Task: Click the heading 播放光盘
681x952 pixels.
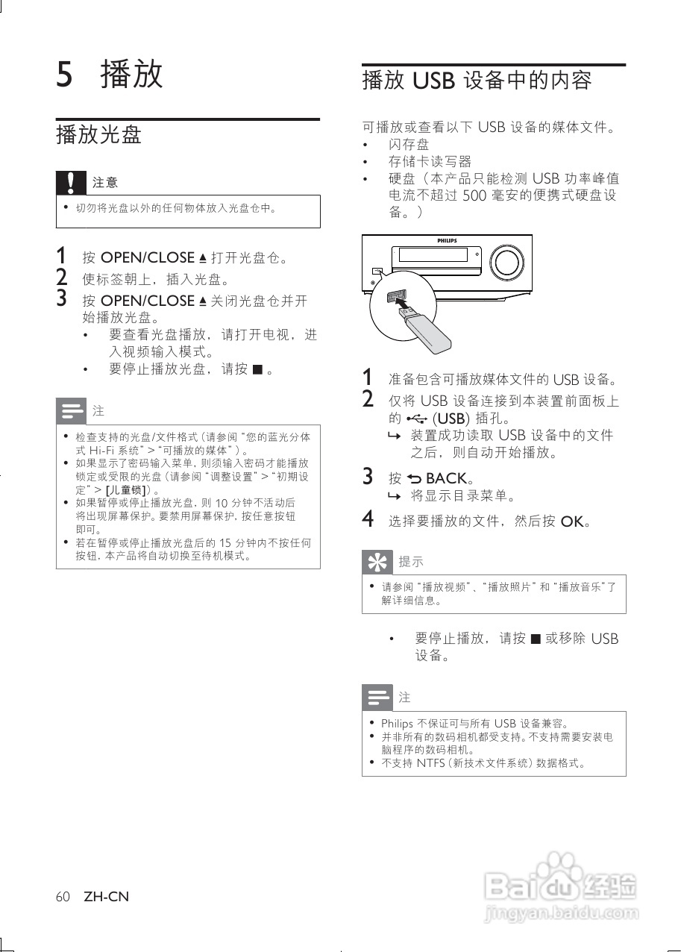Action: click(x=98, y=135)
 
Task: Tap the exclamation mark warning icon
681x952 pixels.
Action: click(x=71, y=182)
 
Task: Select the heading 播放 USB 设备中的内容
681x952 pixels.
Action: click(x=477, y=80)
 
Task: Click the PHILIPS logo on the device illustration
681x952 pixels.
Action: click(x=446, y=241)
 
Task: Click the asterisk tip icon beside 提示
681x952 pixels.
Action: click(x=377, y=561)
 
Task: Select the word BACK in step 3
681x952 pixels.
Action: click(x=446, y=478)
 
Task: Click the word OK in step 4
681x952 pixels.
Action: click(x=571, y=522)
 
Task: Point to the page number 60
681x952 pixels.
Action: click(x=63, y=896)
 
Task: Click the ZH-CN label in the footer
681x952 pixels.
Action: click(x=106, y=896)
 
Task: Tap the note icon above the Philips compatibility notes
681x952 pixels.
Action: click(x=377, y=698)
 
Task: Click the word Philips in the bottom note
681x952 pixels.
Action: click(x=397, y=724)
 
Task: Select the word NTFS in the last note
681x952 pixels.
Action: click(x=430, y=762)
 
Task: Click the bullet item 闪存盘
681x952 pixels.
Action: click(x=409, y=144)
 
